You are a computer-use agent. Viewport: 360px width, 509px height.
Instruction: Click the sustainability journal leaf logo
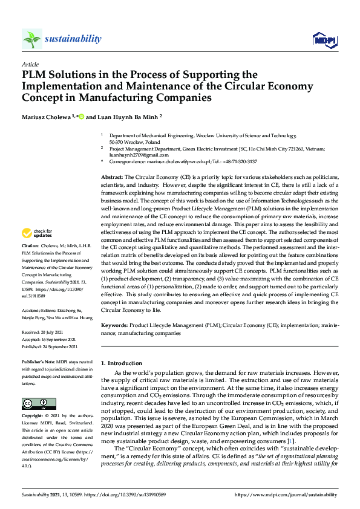point(31,39)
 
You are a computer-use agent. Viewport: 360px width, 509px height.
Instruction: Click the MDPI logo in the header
point(323,39)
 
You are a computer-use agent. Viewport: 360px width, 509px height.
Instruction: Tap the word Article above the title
point(30,64)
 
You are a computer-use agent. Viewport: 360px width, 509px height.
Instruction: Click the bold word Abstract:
point(112,175)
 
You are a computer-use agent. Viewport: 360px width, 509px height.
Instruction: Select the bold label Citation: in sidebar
point(30,264)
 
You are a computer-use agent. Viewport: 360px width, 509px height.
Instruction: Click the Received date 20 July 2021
point(53,332)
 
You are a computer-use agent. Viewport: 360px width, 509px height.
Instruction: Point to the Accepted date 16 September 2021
point(59,340)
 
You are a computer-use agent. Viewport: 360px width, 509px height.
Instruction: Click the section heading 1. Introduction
point(122,363)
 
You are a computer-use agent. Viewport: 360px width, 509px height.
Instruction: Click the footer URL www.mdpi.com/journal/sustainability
point(292,494)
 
